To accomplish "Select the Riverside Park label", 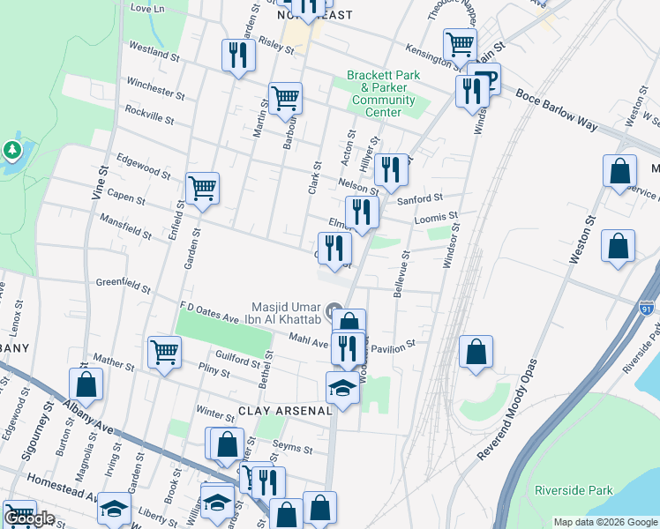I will pyautogui.click(x=573, y=489).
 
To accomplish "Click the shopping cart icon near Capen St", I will pyautogui.click(x=203, y=188).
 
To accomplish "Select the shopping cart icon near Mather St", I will pyautogui.click(x=165, y=353).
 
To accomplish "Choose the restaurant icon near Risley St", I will pyautogui.click(x=238, y=56).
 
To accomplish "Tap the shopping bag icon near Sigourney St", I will pyautogui.click(x=86, y=384).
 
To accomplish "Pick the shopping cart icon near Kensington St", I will pyautogui.click(x=461, y=43).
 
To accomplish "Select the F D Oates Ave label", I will pyautogui.click(x=209, y=311).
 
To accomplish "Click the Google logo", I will pyautogui.click(x=29, y=518).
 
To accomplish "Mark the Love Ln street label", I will pyautogui.click(x=148, y=7).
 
